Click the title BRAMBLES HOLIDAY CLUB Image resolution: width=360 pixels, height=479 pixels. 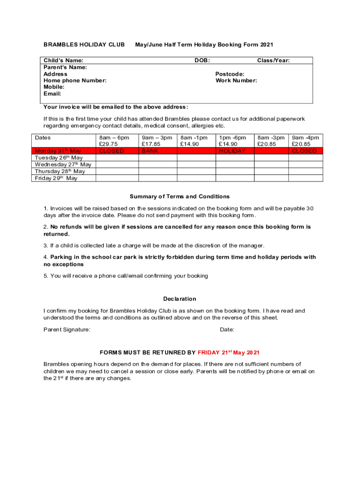tap(84, 45)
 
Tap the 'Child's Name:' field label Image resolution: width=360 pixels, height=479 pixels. tap(64, 60)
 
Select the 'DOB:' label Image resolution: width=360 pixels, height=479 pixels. tap(202, 60)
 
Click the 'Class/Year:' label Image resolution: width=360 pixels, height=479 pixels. tap(274, 60)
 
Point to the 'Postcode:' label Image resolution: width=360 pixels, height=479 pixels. tap(230, 74)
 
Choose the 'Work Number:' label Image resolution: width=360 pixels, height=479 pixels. tap(236, 80)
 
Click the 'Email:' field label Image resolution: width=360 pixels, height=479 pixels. tap(52, 94)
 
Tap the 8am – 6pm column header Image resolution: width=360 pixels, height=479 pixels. tap(114, 138)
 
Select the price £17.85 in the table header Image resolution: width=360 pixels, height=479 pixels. tap(151, 144)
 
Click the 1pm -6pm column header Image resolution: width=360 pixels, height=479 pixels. tap(232, 138)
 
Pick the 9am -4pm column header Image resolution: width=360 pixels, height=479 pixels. tap(305, 138)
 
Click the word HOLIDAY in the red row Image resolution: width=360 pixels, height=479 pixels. tap(232, 151)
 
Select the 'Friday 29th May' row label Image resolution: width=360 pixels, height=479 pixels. tap(56, 178)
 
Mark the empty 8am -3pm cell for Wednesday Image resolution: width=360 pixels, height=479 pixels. tap(271, 165)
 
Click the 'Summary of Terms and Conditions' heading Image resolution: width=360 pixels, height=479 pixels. tap(180, 196)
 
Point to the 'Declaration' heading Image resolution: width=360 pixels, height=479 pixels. tap(180, 299)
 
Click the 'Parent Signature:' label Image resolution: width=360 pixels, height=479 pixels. tap(67, 330)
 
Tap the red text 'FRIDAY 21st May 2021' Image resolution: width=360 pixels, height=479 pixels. tap(229, 352)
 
